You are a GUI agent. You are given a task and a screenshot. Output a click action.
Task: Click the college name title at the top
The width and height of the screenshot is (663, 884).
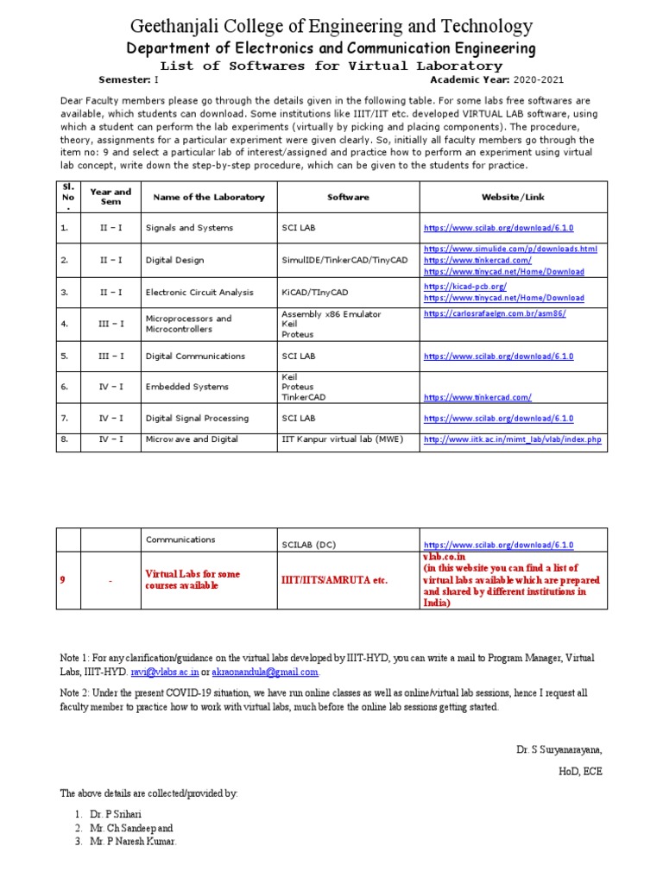coord(331,27)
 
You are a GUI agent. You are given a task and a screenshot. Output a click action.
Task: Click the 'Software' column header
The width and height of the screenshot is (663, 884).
coord(348,197)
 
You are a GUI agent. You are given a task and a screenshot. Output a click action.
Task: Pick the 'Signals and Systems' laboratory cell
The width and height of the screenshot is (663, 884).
coord(188,228)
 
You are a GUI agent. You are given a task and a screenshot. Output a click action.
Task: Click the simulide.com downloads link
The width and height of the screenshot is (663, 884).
coord(510,249)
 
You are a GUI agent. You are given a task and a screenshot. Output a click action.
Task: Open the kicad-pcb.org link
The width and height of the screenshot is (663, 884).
coord(465,286)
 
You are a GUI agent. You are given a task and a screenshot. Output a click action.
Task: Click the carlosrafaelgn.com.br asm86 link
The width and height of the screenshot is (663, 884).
coord(495,313)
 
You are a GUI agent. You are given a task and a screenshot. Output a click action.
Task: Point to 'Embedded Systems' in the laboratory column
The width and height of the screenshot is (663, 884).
coord(187,387)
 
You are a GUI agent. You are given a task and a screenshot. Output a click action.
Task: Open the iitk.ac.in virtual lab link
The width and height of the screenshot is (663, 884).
coord(512,439)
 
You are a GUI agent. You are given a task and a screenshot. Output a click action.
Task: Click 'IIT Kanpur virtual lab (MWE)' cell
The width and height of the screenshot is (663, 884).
coord(338,439)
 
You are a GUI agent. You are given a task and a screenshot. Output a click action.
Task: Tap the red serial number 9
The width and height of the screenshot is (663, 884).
coord(63,580)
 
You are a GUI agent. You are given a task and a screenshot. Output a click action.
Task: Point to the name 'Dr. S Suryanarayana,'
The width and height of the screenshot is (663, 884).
coord(559,750)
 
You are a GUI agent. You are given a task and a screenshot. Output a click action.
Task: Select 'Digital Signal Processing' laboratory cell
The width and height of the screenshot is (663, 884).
coord(197,418)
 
